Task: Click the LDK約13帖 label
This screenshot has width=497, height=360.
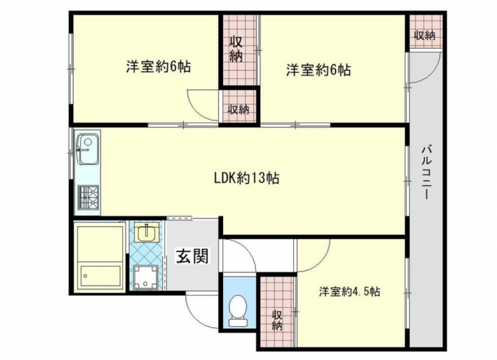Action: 247,178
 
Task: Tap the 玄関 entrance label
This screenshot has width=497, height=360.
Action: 193,256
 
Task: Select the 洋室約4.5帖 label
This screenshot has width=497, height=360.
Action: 350,291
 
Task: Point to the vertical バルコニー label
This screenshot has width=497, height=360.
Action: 426,172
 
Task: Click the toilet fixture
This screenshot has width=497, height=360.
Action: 239,311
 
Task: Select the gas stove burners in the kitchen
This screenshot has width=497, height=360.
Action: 88,197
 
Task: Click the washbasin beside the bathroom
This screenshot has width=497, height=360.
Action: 146,231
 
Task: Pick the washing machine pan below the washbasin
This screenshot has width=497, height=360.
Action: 145,277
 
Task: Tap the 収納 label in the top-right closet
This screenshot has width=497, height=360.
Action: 425,36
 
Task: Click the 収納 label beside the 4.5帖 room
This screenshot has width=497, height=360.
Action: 276,320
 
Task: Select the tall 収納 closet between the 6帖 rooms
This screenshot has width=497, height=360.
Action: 239,50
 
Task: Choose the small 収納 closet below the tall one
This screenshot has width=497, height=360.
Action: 239,106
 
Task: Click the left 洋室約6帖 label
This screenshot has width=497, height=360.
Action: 158,67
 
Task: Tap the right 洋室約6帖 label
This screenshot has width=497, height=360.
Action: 319,70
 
